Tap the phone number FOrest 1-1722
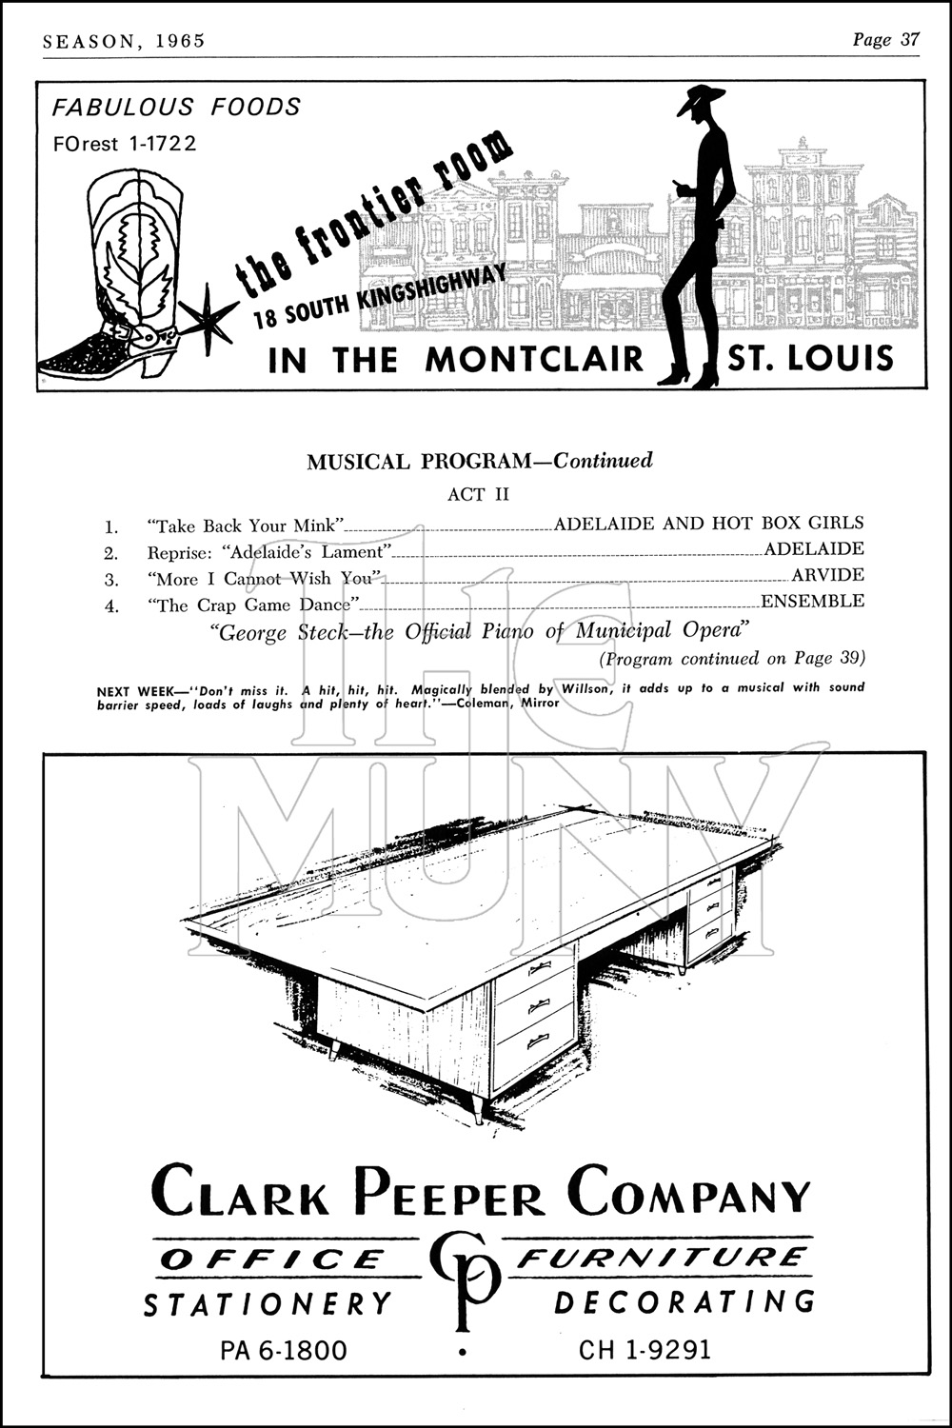pos(125,144)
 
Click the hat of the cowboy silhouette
pos(702,99)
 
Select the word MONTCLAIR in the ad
pos(534,360)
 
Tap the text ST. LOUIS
pos(810,358)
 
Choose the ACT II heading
pos(479,494)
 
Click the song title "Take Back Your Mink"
pos(246,526)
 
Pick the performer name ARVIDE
pos(827,575)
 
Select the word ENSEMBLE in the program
pos(812,602)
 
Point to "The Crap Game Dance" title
pos(252,605)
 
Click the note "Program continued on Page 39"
pos(731,659)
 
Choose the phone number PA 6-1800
pos(284,1350)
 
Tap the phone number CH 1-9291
pos(645,1350)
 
